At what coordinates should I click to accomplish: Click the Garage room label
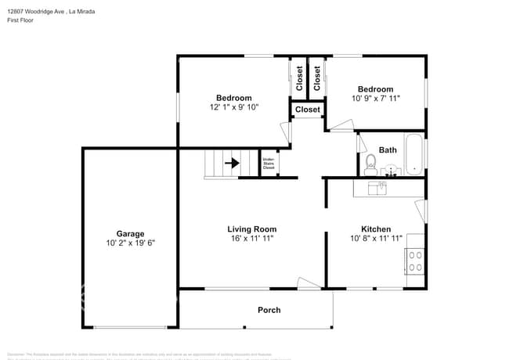click(x=130, y=233)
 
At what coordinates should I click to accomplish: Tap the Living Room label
click(x=251, y=229)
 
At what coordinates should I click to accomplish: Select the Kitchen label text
click(x=375, y=229)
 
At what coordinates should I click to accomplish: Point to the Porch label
click(x=269, y=310)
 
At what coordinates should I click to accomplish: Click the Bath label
click(x=388, y=149)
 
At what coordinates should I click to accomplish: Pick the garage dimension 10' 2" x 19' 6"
click(x=130, y=243)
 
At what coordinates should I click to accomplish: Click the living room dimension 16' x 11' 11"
click(x=251, y=239)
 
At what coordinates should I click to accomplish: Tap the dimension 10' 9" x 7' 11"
click(x=375, y=99)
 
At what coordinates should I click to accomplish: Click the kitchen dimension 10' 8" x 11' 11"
click(x=375, y=239)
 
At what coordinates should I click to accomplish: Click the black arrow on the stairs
click(x=232, y=164)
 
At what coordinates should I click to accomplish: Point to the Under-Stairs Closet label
click(x=269, y=164)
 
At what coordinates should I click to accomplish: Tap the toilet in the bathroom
click(x=371, y=164)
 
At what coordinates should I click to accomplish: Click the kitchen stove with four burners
click(x=414, y=260)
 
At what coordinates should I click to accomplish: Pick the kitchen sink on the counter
click(x=381, y=188)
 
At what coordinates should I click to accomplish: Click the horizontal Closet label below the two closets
click(x=307, y=110)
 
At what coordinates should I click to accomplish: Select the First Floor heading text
click(x=23, y=22)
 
